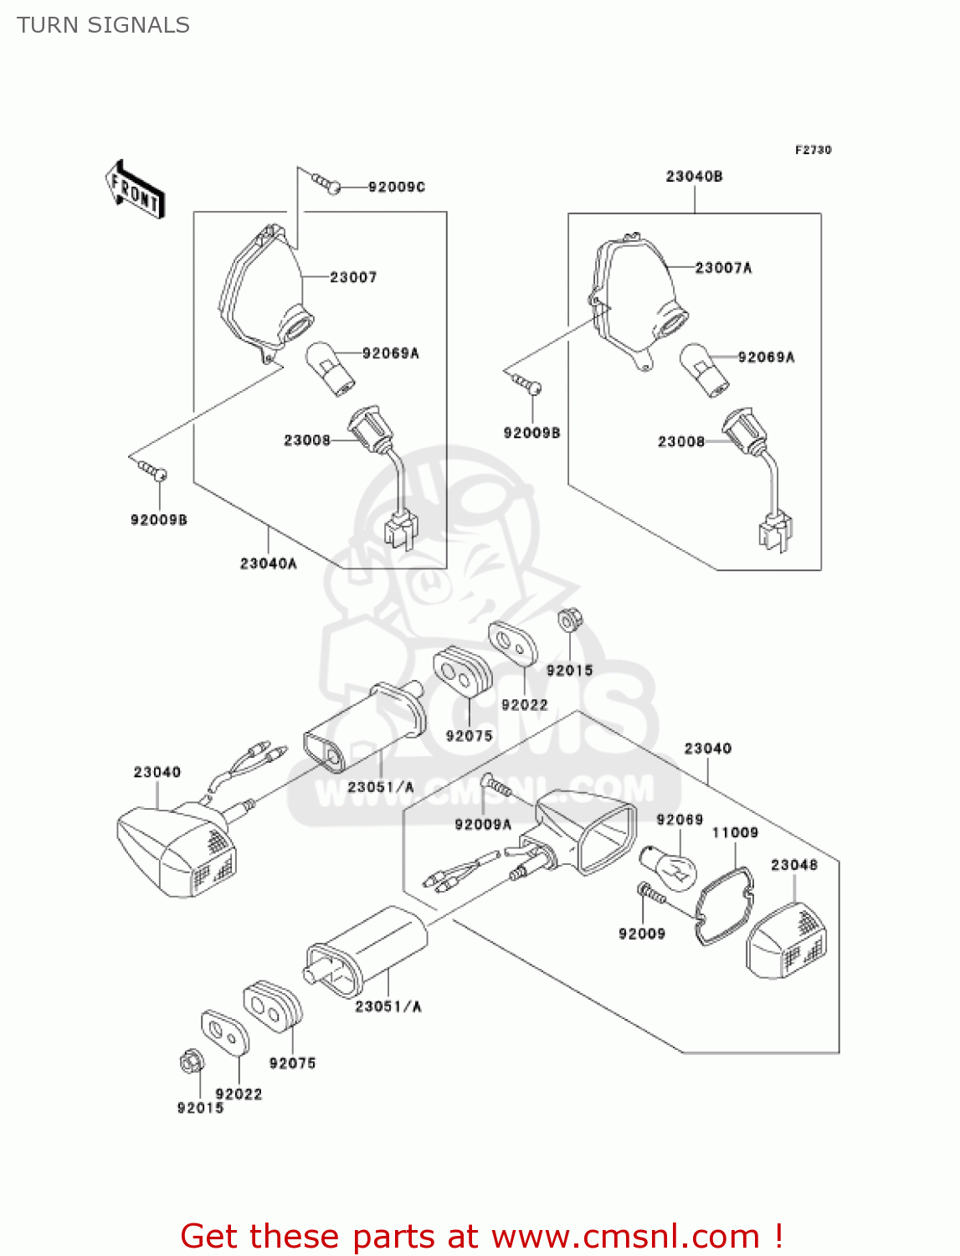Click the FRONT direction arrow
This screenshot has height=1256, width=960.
(x=135, y=190)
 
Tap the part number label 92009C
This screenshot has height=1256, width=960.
(x=396, y=187)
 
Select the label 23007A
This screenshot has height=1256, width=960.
(x=723, y=268)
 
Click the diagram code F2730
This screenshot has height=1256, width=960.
(x=813, y=150)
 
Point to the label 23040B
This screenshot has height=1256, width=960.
(x=694, y=177)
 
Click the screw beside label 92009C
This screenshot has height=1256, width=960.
(x=326, y=183)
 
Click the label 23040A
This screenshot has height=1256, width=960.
(x=268, y=564)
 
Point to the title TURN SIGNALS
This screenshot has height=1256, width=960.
(x=103, y=25)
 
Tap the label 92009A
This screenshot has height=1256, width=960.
(x=482, y=825)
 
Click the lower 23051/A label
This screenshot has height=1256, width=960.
(x=388, y=1006)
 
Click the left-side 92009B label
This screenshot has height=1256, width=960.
(x=159, y=520)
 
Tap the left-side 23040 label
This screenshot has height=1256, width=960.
(x=157, y=772)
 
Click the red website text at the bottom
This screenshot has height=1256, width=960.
(x=481, y=1236)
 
